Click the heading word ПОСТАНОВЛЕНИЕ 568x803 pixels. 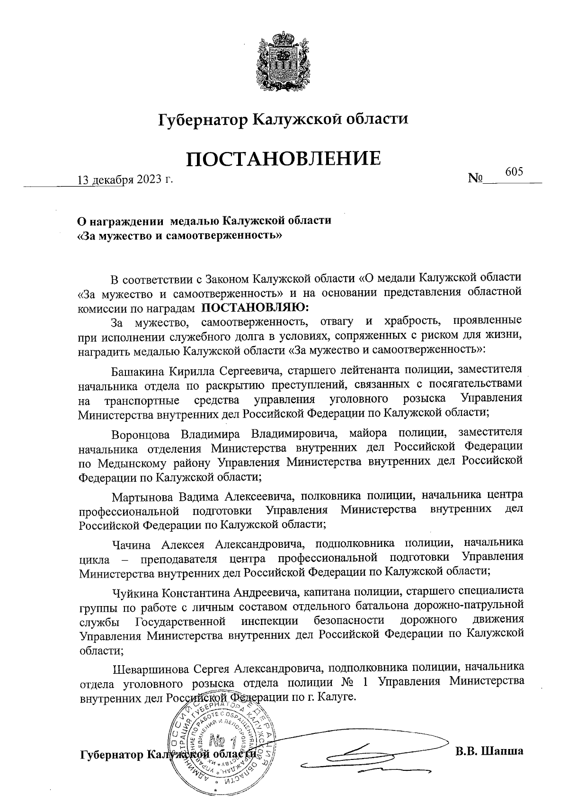[283, 159]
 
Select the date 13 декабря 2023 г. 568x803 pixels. [125, 180]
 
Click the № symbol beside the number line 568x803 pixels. [475, 179]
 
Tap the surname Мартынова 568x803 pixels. [143, 497]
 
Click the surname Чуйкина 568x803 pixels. [135, 592]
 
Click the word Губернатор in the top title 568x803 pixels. [203, 120]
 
